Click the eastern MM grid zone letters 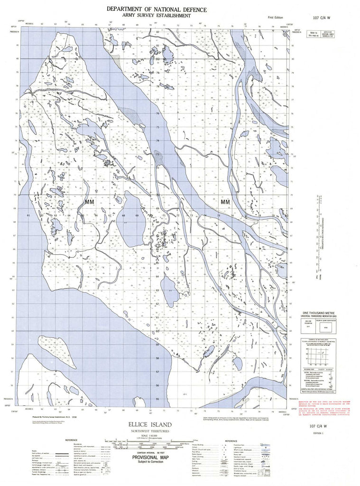[225, 202]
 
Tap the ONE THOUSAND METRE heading [324, 314]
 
